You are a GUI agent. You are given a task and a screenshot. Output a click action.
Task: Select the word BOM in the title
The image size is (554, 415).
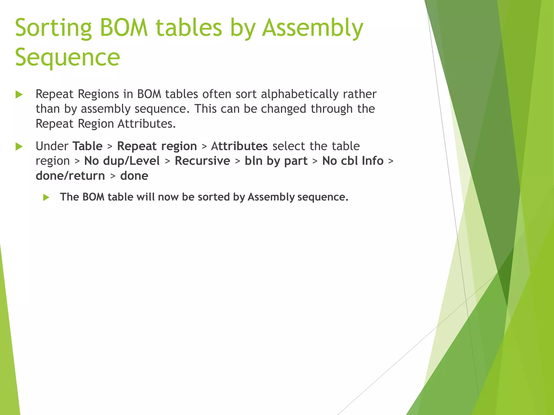pos(124,28)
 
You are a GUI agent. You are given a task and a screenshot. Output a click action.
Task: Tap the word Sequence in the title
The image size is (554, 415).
pos(67,58)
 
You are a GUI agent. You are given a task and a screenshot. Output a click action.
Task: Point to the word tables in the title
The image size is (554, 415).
pos(189,28)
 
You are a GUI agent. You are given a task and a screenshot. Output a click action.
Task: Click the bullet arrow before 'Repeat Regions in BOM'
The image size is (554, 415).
pos(19,95)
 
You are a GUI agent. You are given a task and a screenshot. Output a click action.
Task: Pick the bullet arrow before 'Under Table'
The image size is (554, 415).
pos(19,147)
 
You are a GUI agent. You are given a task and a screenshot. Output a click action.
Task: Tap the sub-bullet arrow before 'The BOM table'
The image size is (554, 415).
pos(46,198)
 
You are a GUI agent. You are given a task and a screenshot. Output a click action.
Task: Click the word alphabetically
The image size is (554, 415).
pos(299,94)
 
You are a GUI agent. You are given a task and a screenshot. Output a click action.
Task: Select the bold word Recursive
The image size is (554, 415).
pos(202,161)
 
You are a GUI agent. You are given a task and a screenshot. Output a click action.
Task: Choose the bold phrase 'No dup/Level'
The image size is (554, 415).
pos(122,161)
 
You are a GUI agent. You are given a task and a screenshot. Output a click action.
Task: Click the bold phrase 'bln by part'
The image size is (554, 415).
pos(276,161)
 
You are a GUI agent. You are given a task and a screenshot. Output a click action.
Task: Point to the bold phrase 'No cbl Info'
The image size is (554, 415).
pos(353,161)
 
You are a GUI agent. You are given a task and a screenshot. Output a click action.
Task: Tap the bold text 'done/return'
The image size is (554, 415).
pos(70,176)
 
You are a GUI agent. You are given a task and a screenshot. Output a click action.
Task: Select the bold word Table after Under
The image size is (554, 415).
pos(87,146)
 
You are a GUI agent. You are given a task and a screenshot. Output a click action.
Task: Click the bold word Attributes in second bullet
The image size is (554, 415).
pos(239,146)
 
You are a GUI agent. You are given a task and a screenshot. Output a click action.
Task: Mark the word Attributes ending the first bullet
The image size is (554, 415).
pos(147,124)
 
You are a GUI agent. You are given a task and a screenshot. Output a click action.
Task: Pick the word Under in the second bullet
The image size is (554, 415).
pos(52,146)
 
